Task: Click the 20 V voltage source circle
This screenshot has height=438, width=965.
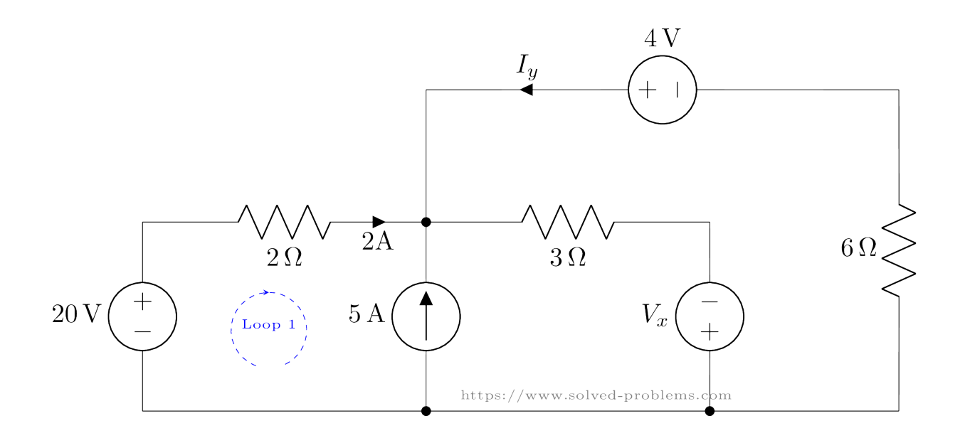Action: pyautogui.click(x=142, y=316)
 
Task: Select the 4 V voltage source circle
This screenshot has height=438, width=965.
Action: pyautogui.click(x=662, y=90)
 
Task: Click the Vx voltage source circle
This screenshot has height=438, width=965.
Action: pyautogui.click(x=710, y=316)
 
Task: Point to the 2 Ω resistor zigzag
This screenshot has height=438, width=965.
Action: pyautogui.click(x=285, y=222)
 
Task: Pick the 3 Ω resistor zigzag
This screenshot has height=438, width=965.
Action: pyautogui.click(x=568, y=222)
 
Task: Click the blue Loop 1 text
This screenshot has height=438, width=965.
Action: pyautogui.click(x=268, y=325)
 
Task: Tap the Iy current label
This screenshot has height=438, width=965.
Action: pyautogui.click(x=527, y=65)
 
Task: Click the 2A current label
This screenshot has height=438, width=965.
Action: pyautogui.click(x=377, y=242)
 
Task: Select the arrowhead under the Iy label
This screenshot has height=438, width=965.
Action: pyautogui.click(x=527, y=90)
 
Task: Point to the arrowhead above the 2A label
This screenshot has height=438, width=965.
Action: pyautogui.click(x=379, y=223)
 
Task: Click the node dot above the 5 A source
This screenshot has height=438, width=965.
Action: pyautogui.click(x=426, y=222)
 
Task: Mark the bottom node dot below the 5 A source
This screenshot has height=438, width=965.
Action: pyautogui.click(x=426, y=411)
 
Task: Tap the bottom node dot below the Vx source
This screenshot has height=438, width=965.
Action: pyautogui.click(x=710, y=411)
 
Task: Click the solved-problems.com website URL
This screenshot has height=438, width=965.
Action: pyautogui.click(x=596, y=395)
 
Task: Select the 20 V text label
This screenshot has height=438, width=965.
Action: pyautogui.click(x=76, y=314)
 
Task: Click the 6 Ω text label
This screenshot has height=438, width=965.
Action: pyautogui.click(x=858, y=248)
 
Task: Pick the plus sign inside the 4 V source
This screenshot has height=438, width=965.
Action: pyautogui.click(x=647, y=90)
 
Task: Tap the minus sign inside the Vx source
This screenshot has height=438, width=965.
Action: pyautogui.click(x=710, y=302)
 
